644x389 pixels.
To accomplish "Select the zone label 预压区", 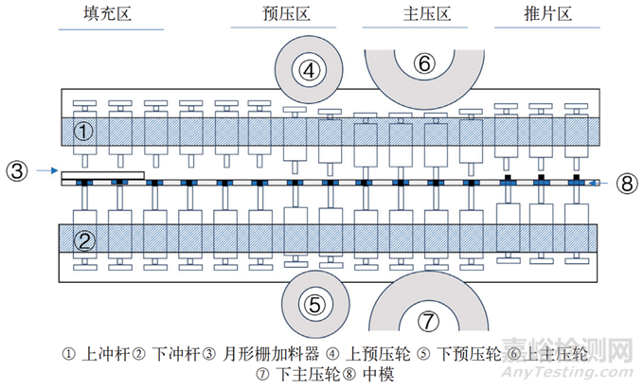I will click(286, 13).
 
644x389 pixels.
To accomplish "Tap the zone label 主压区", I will click(399, 13).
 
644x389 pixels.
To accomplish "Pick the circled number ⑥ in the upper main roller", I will click(424, 62).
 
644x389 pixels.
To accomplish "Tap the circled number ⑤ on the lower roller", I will click(315, 304).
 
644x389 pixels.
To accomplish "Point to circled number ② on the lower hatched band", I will click(83, 239).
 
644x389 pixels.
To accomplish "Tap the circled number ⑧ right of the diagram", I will click(623, 183).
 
